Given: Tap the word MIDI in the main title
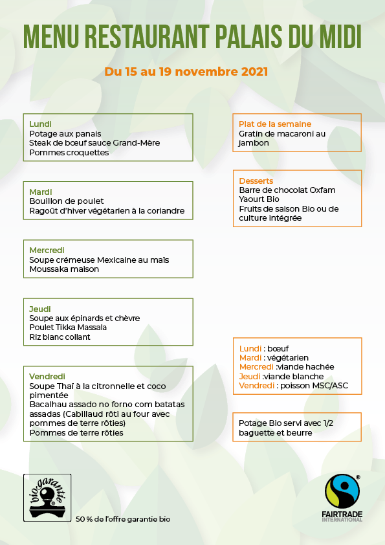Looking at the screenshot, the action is (338, 38).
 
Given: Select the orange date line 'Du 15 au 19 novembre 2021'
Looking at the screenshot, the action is (186, 72).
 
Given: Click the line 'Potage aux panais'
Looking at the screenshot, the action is (65, 134).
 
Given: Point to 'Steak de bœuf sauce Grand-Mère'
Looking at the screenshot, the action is (94, 143).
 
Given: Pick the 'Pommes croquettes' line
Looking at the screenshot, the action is (69, 153).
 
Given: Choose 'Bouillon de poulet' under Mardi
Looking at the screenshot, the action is (67, 201).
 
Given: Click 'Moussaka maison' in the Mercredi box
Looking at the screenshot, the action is (64, 269).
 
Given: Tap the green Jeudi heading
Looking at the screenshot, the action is (40, 309).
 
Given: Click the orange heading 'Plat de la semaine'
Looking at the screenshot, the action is (275, 124).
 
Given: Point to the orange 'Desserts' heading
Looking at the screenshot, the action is (256, 181).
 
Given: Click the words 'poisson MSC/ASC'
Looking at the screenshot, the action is (314, 385).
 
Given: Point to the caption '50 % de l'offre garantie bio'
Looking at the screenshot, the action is (124, 519).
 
